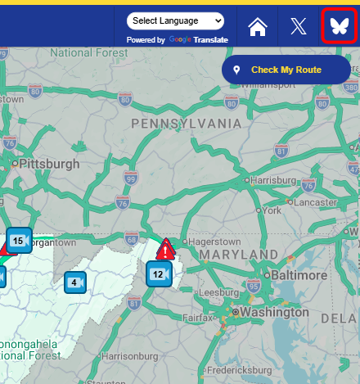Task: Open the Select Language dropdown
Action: tap(176, 20)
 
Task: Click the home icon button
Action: tap(258, 26)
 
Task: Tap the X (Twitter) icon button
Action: tap(299, 26)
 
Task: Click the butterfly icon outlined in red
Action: tap(339, 26)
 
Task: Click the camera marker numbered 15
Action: tap(19, 241)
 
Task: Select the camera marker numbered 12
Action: tap(159, 274)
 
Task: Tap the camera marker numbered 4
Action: tap(75, 282)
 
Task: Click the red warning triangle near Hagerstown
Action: tap(166, 249)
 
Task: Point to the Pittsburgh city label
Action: tap(48, 164)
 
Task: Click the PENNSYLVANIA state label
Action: tap(187, 124)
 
